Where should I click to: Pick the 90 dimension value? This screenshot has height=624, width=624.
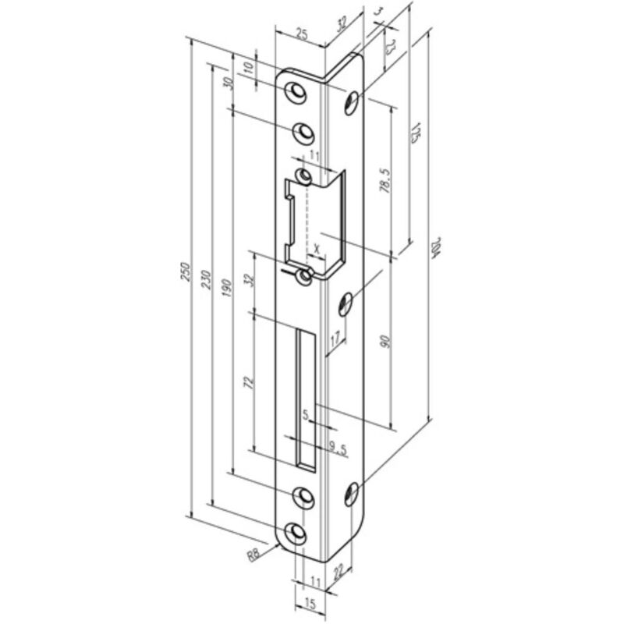384,341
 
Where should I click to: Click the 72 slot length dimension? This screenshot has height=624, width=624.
249,382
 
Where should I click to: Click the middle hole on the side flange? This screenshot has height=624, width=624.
347,300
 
